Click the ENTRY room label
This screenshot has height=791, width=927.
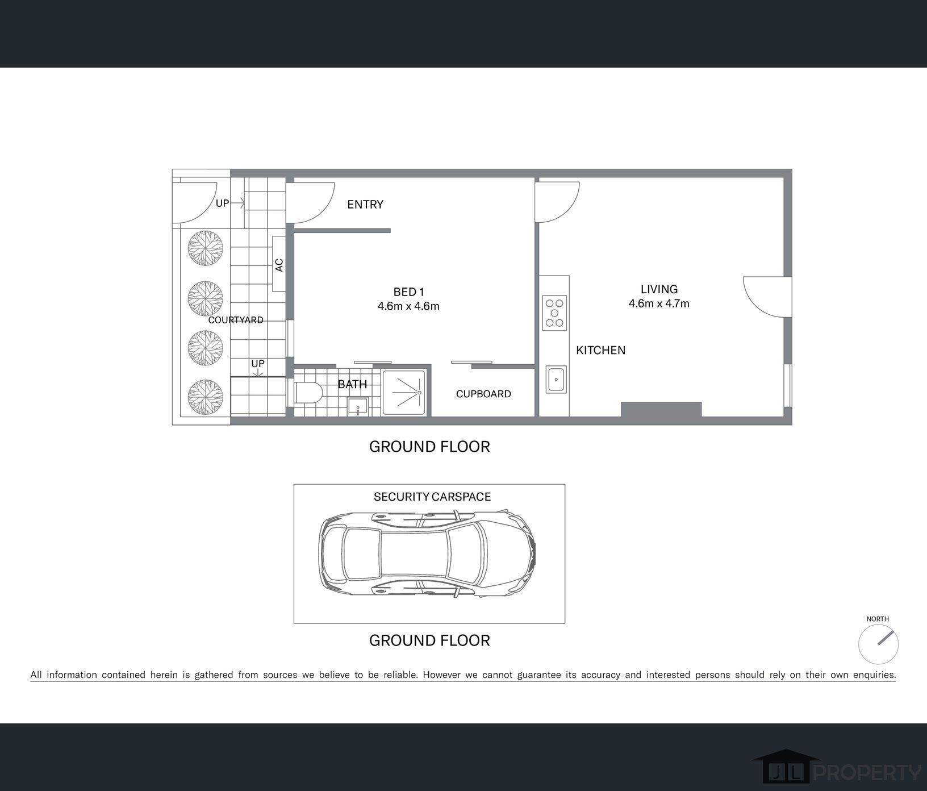click(x=365, y=205)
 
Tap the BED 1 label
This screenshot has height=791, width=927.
click(x=409, y=292)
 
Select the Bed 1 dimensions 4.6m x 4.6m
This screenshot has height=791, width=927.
click(x=408, y=306)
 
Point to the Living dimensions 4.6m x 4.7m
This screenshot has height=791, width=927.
click(x=659, y=303)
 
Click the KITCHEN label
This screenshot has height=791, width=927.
click(x=600, y=350)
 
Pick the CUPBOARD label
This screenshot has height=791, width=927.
click(x=483, y=394)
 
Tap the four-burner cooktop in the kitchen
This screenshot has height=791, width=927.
click(x=554, y=313)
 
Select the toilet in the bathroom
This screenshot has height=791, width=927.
click(x=308, y=392)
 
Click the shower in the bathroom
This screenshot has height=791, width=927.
click(x=404, y=392)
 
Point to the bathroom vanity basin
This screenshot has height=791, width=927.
click(x=358, y=407)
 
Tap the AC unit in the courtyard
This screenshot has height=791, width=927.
click(x=279, y=264)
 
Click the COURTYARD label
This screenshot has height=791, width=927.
click(x=236, y=320)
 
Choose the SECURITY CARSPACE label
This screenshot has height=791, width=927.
click(x=432, y=497)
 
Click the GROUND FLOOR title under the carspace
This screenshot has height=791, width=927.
click(x=429, y=640)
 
